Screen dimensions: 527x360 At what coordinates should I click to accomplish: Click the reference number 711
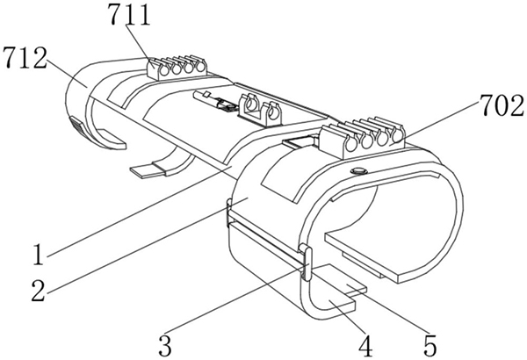[x=129, y=16]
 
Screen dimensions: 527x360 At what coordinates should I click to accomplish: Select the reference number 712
[x=25, y=58]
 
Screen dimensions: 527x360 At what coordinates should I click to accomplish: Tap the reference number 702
[x=502, y=105]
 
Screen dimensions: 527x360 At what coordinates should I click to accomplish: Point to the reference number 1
[x=39, y=255]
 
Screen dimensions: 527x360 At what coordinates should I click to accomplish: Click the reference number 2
[x=39, y=291]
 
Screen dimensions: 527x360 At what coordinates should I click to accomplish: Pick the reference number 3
[x=165, y=345]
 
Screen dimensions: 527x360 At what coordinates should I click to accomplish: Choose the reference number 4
[x=365, y=346]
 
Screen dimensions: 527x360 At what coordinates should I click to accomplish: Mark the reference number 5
[x=430, y=346]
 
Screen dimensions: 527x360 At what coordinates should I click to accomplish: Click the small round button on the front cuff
[x=358, y=171]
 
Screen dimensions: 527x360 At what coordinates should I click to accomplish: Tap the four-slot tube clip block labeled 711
[x=177, y=68]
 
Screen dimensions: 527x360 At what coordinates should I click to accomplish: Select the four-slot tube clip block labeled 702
[x=363, y=138]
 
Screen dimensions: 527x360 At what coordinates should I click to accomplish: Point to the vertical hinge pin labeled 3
[x=307, y=263]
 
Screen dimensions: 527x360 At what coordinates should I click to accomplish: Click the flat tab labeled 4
[x=336, y=304]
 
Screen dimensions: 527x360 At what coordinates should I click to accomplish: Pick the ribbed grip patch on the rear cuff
[x=79, y=128]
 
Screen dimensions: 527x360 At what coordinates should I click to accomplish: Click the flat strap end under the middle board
[x=148, y=170]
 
